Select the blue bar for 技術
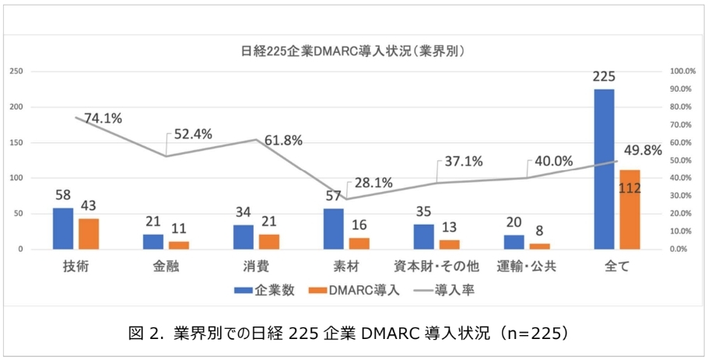click(63, 229)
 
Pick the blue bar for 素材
click(334, 229)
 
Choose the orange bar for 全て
click(630, 209)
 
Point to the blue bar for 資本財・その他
click(424, 236)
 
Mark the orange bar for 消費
click(269, 241)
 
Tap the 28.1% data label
click(373, 183)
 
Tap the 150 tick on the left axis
click(16, 142)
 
